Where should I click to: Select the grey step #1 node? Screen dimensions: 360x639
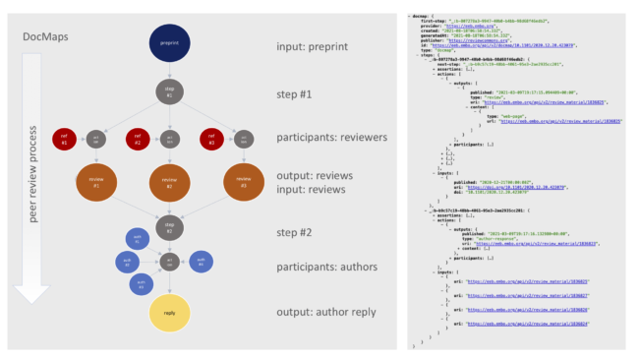(170, 92)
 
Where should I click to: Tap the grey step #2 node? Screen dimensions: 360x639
(170, 225)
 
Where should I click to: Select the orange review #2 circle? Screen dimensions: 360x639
(170, 183)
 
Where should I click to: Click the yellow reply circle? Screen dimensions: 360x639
(170, 312)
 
